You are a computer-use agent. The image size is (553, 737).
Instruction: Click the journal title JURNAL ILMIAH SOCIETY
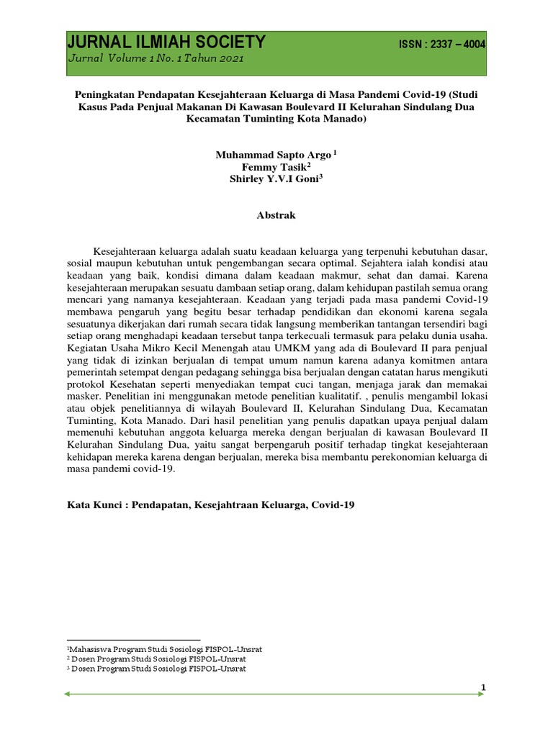[x=167, y=42]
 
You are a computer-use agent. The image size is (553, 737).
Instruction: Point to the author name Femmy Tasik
[x=274, y=168]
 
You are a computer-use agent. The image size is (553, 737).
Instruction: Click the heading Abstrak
[x=276, y=215]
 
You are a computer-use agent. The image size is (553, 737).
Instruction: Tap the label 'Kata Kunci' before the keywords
[x=93, y=506]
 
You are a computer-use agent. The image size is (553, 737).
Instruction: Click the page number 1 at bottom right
[x=485, y=688]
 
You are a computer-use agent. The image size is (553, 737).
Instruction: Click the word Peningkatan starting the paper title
[x=105, y=94]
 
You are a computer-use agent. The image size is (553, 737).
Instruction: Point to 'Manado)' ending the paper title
[x=347, y=120]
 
